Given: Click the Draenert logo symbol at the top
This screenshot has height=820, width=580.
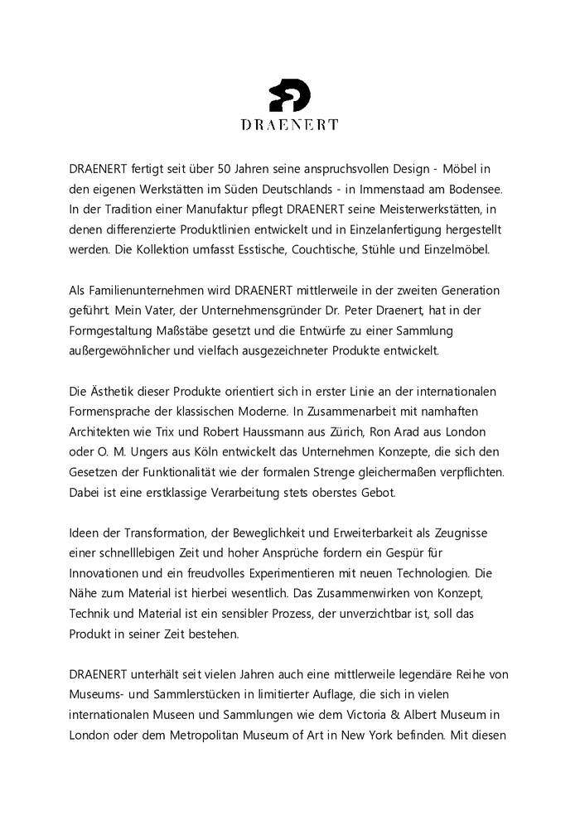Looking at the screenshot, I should point(289,95).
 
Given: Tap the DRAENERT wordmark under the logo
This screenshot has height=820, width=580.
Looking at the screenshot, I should point(289,125).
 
